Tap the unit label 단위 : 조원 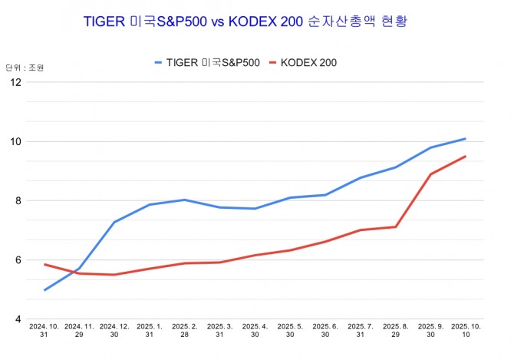(x=25, y=68)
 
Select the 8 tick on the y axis (x=18, y=201)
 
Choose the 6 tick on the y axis (x=18, y=260)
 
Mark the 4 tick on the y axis (x=18, y=319)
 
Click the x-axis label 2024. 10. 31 (x=44, y=331)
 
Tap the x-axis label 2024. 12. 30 (x=114, y=331)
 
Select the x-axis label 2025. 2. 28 (x=184, y=331)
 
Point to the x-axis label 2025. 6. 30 (x=325, y=331)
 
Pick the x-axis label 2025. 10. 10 (x=466, y=331)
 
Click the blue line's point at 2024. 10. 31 (x=44, y=290)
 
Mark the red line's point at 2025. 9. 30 (x=430, y=174)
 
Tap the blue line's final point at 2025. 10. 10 (x=466, y=139)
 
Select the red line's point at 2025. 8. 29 (x=395, y=226)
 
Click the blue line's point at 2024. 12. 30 (x=114, y=222)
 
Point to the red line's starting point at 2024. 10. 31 (x=44, y=264)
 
